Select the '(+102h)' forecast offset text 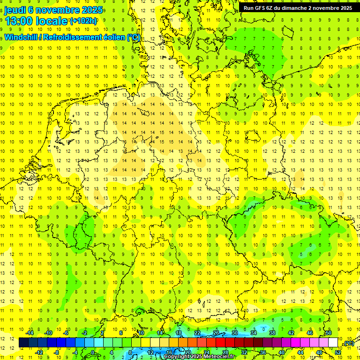(83, 21)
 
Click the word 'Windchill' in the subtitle (21, 37)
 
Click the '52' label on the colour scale (338, 352)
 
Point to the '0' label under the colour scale (93, 352)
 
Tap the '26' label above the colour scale (216, 333)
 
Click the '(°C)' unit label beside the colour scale (349, 343)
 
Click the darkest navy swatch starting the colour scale (23, 343)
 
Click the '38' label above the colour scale (272, 333)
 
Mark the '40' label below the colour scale (282, 352)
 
